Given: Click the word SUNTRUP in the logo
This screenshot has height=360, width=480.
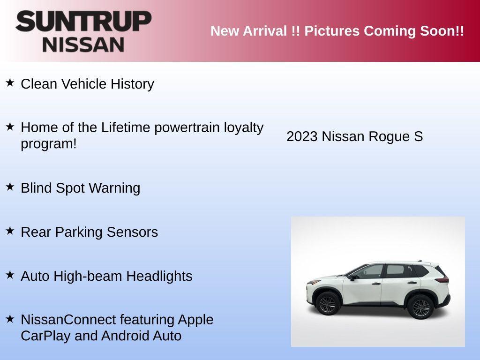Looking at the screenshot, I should pos(83,22).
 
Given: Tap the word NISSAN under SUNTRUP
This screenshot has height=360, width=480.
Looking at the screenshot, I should pos(83,44).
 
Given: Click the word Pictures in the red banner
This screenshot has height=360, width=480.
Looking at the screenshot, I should pos(332,31).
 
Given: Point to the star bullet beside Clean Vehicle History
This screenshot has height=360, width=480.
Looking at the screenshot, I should pos(10,83).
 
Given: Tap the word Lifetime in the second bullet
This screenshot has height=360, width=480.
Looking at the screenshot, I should pos(126,127).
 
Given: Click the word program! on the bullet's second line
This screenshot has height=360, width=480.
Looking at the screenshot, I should pos(48,144).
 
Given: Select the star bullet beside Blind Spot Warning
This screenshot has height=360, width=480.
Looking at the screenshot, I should pos(10,187).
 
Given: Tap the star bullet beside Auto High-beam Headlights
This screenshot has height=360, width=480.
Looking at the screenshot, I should pos(10,275).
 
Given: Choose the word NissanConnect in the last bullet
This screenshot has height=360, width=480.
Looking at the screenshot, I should pos(68,320).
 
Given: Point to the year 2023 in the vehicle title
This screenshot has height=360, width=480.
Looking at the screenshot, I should pos(302,136).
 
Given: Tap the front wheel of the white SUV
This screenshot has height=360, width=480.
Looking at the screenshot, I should pos(327,305).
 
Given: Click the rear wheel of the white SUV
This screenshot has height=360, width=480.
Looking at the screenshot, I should pos(420,308).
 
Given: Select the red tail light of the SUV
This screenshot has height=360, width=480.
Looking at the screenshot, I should pos(442,280).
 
